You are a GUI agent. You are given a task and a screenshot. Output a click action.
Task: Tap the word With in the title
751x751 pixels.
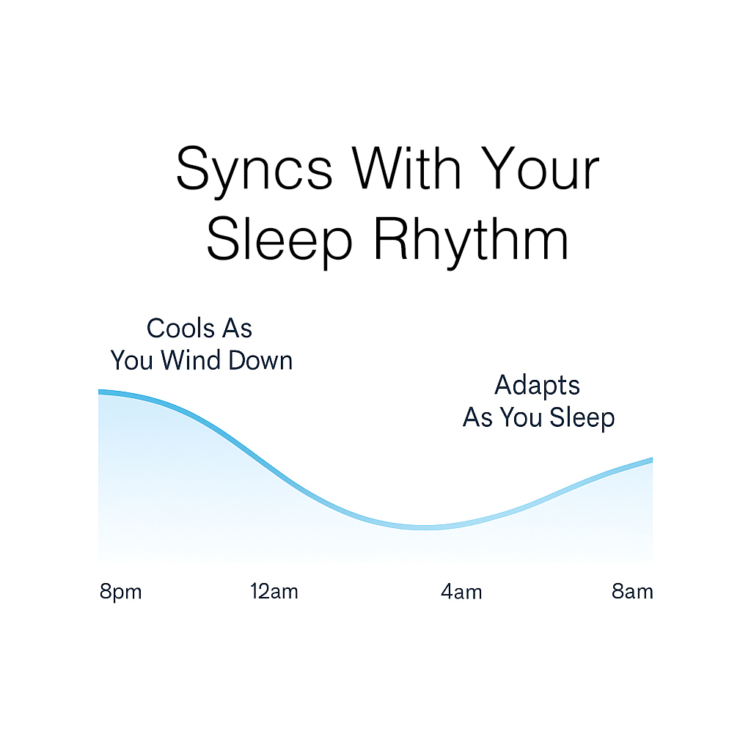[x=407, y=167]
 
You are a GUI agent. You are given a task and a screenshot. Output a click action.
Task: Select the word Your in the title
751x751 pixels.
[x=541, y=168]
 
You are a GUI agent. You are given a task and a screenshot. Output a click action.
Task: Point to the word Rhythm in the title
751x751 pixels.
[x=472, y=242]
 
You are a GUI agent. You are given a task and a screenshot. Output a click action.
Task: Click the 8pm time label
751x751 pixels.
[x=121, y=592]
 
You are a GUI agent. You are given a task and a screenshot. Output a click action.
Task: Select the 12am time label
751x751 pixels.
[x=274, y=592]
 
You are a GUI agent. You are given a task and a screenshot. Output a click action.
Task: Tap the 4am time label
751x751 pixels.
[x=461, y=592]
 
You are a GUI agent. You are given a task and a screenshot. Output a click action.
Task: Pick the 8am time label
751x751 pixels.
[x=632, y=592]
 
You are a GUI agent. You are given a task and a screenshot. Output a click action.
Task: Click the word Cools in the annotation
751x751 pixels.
[x=180, y=329]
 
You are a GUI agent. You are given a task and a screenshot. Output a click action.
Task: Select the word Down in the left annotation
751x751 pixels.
[x=260, y=360]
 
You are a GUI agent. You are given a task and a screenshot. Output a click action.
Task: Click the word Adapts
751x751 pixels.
[x=537, y=386]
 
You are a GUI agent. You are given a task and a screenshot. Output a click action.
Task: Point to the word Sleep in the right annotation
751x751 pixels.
[x=582, y=417]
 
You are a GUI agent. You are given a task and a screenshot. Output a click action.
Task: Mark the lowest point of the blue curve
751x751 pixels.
[x=425, y=527]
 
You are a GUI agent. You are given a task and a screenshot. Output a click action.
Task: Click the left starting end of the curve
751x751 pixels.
[x=99, y=392]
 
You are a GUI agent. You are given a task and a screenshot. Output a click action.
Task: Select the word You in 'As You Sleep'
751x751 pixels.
[x=521, y=417]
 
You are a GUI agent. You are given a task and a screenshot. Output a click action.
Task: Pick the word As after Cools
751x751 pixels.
[x=237, y=329]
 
